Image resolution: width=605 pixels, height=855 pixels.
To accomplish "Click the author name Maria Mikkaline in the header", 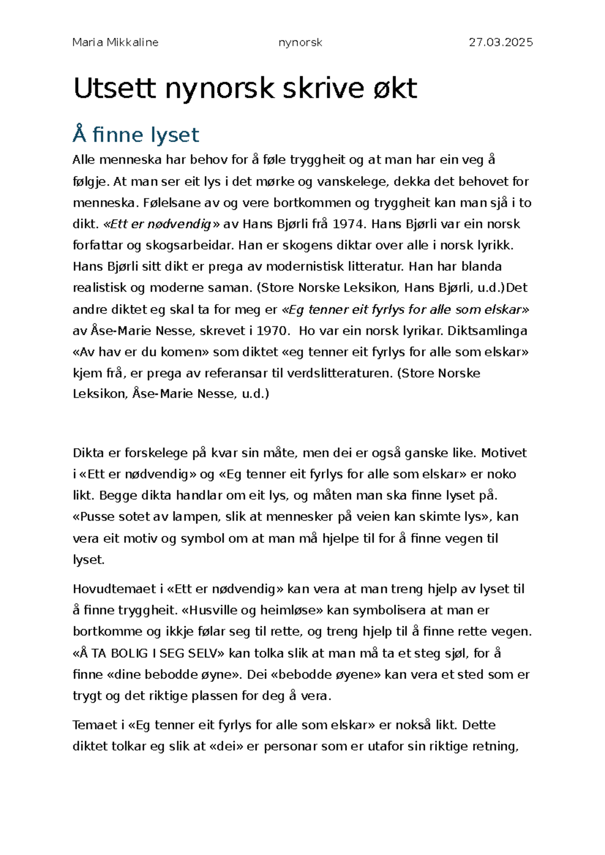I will coord(115,43).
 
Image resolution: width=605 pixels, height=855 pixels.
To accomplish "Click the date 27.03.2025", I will coord(501,43).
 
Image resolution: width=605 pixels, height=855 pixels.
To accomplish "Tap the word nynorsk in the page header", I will coord(300,43).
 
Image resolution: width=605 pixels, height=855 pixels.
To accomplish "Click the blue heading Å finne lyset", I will coord(136,135).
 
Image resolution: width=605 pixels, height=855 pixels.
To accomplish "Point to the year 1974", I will coord(348,224).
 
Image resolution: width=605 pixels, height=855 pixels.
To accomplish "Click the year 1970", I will coord(273,331).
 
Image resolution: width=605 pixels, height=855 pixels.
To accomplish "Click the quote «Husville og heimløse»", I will coord(252,610).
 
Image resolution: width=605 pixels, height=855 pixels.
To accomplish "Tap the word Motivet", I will coord(504,453).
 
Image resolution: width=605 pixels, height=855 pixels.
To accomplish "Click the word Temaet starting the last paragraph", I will coord(95,725).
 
